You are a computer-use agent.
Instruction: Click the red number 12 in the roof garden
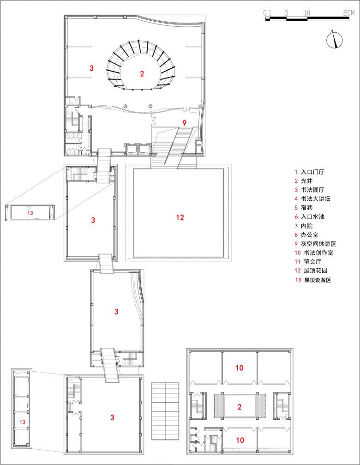coord(180,217)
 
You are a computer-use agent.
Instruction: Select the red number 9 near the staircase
coord(184,123)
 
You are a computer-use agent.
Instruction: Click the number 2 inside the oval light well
coord(142,73)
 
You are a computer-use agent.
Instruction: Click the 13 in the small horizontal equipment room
coord(30,213)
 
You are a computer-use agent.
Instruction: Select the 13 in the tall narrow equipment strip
coord(22,422)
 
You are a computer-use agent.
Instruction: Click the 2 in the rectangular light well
coord(239,407)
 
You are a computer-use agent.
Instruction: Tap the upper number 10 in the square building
coord(239,368)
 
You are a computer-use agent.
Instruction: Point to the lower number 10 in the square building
coord(240,440)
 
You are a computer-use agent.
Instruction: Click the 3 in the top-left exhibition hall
coord(91,68)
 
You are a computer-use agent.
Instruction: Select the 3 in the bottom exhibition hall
coord(112,417)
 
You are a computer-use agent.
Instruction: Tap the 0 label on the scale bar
coord(265,13)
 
